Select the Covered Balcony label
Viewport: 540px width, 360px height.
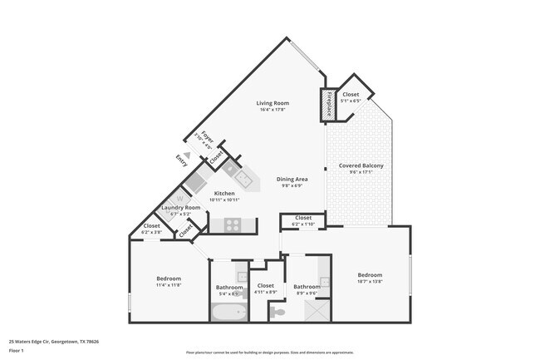[x=361, y=165]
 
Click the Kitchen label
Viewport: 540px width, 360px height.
[x=224, y=194]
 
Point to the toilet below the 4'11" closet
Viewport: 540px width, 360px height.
[x=277, y=311]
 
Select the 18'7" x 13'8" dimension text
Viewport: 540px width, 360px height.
[x=370, y=282]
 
